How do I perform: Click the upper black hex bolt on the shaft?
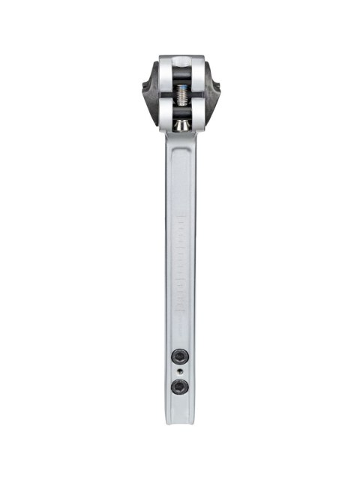click(x=179, y=355)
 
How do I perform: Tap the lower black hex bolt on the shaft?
click(x=179, y=387)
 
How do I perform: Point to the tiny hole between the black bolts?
click(x=179, y=371)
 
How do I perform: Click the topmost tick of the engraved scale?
click(x=180, y=217)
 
